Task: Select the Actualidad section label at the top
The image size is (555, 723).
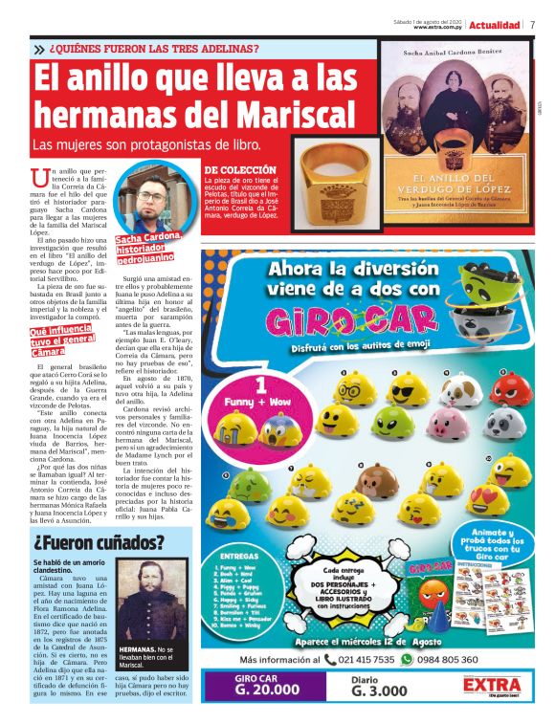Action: pos(496,25)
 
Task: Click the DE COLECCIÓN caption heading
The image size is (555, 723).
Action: pos(233,169)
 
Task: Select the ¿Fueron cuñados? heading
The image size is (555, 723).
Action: pos(99,542)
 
